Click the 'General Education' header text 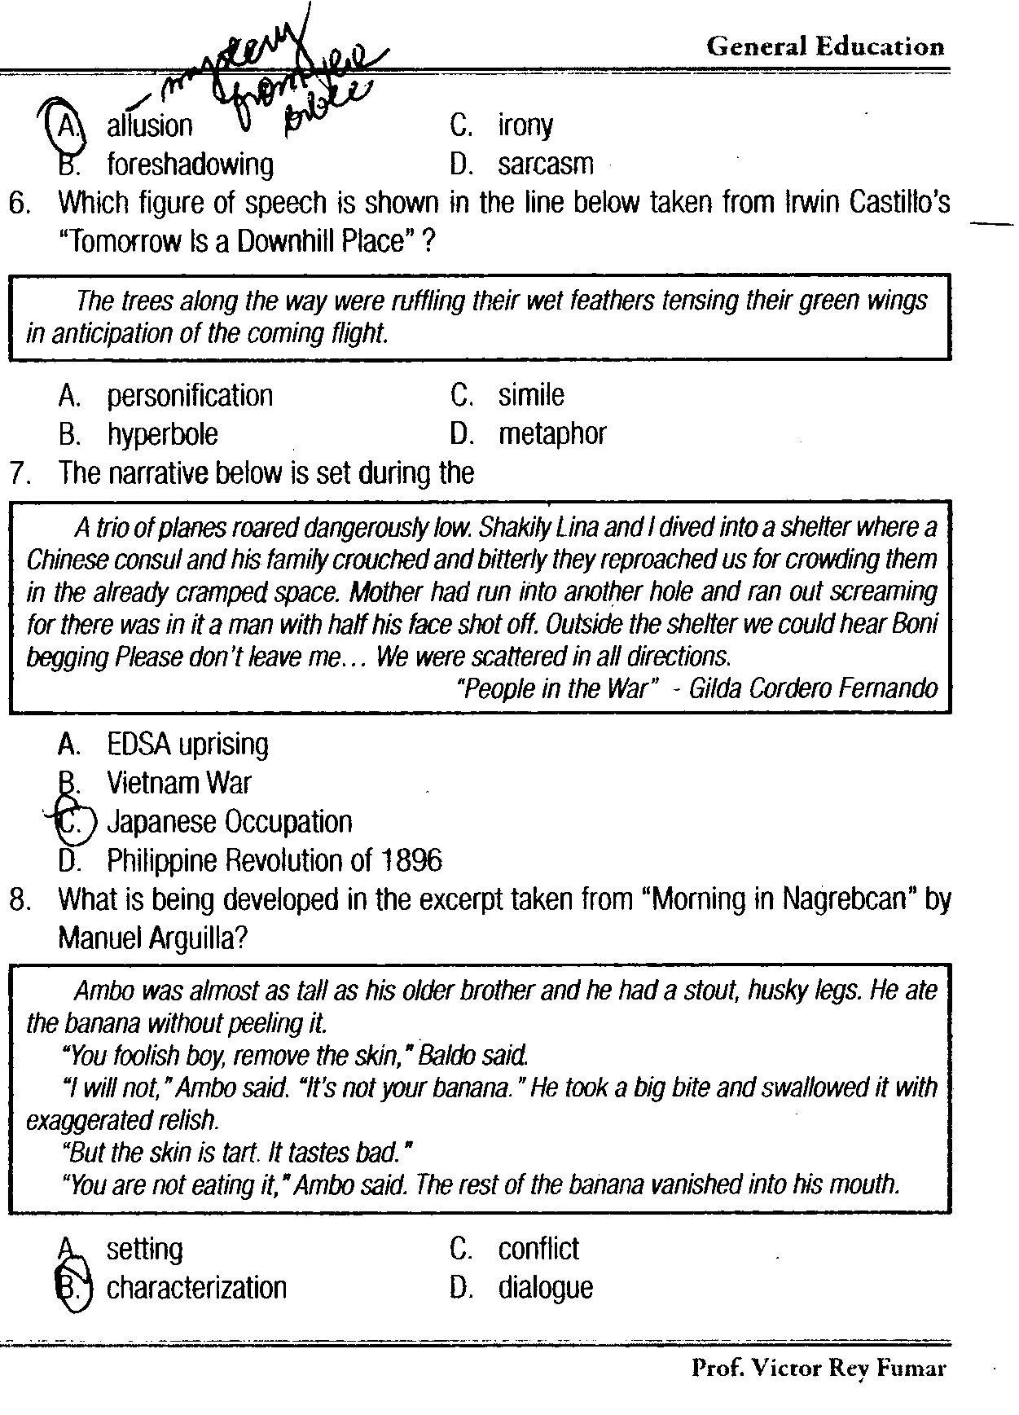pos(825,46)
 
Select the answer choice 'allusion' pos(150,125)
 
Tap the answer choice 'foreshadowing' pos(190,165)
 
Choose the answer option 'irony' pos(525,125)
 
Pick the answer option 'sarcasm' pos(546,165)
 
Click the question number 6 pos(20,203)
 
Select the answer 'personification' pos(190,396)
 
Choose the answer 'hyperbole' pos(162,434)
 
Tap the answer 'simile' pos(531,395)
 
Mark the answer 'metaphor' pos(552,434)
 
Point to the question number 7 pos(20,473)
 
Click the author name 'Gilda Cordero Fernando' pos(813,689)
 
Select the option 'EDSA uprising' pos(187,744)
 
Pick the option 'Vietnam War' pos(179,783)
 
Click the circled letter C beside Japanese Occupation pos(72,822)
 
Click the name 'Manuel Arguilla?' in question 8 pos(153,938)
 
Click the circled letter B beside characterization pos(72,1288)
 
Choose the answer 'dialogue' pos(546,1288)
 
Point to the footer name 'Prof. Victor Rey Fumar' pos(819,1368)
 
